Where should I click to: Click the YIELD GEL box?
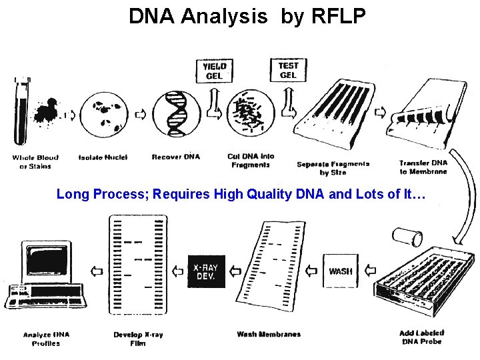pyautogui.click(x=215, y=71)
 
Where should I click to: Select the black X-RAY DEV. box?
pyautogui.click(x=207, y=271)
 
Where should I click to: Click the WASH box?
pyautogui.click(x=341, y=271)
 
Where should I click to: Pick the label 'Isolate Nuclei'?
pyautogui.click(x=103, y=157)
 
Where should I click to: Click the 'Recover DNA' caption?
pyautogui.click(x=176, y=157)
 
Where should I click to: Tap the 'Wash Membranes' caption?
pyautogui.click(x=269, y=334)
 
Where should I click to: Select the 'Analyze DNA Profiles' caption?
pyautogui.click(x=46, y=339)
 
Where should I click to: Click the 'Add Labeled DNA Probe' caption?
pyautogui.click(x=421, y=337)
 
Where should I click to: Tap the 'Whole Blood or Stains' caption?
pyautogui.click(x=35, y=161)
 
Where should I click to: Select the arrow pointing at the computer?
pyautogui.click(x=97, y=271)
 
